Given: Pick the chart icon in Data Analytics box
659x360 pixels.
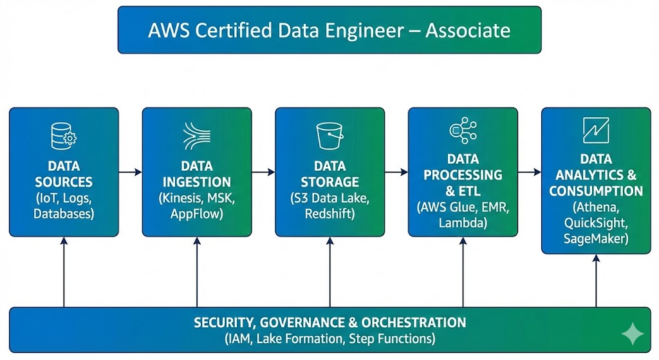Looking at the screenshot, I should pyautogui.click(x=596, y=130).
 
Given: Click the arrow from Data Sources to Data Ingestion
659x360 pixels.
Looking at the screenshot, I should pyautogui.click(x=131, y=172).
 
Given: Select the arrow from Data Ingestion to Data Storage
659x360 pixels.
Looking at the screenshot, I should pyautogui.click(x=263, y=172).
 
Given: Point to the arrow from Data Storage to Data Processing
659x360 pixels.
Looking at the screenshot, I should pyautogui.click(x=396, y=172).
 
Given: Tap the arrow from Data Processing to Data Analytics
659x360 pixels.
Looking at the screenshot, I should pyautogui.click(x=530, y=172).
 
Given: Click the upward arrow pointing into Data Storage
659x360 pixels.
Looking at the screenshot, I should pyautogui.click(x=330, y=270).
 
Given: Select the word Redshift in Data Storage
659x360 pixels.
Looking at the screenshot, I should pyautogui.click(x=330, y=213).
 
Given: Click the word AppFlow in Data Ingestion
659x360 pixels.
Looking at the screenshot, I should pyautogui.click(x=197, y=213).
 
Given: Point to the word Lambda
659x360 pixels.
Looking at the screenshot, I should pyautogui.click(x=463, y=223).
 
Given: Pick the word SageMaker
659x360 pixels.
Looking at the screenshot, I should pyautogui.click(x=596, y=239).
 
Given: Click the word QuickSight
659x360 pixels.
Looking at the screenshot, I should pyautogui.click(x=596, y=223).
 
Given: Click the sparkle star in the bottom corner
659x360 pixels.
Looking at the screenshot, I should pyautogui.click(x=633, y=333).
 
